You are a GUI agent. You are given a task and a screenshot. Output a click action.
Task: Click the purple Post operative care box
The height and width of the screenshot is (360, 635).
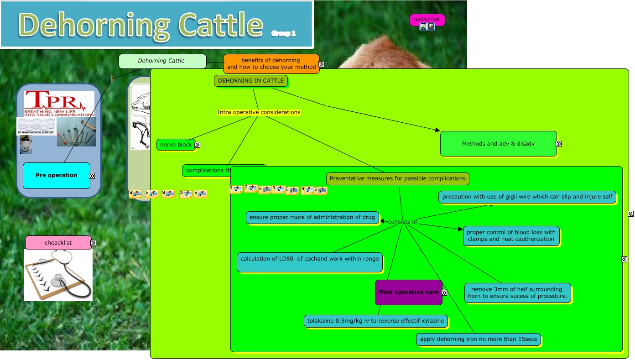click(x=408, y=292)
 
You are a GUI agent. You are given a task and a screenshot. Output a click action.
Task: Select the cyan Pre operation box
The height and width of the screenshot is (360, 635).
click(x=57, y=175)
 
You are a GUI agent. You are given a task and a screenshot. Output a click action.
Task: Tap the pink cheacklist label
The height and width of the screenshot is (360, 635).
click(x=58, y=243)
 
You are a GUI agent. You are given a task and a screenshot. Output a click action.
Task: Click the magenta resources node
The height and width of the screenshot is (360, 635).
click(x=427, y=19)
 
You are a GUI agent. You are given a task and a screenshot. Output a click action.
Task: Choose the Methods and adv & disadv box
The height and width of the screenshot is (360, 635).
click(x=498, y=144)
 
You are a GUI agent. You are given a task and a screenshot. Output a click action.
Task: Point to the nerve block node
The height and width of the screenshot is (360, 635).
click(x=176, y=145)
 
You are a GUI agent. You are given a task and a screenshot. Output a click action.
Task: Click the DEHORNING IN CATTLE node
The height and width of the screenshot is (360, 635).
click(x=251, y=81)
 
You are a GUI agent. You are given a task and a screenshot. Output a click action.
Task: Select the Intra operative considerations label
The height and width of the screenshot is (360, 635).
click(x=259, y=112)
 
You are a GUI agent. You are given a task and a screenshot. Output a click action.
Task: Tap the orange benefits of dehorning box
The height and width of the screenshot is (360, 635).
click(x=271, y=64)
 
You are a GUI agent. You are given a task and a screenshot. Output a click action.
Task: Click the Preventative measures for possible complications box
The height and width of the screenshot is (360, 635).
click(x=398, y=178)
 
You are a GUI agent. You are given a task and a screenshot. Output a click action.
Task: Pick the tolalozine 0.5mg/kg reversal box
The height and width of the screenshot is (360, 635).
click(x=375, y=321)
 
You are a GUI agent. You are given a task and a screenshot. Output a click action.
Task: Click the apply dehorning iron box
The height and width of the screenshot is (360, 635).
click(x=479, y=339)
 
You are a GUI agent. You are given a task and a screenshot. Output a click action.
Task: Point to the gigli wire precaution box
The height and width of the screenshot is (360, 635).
click(x=527, y=197)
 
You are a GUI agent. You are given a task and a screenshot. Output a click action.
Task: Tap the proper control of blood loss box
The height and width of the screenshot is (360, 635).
click(x=511, y=235)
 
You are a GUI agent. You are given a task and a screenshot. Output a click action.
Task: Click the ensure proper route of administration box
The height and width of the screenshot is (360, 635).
click(x=312, y=218)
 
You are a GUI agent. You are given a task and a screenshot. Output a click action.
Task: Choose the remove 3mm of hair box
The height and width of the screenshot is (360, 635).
click(x=517, y=292)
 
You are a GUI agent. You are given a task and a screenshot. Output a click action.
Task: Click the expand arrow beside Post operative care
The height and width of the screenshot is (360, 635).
click(x=444, y=293)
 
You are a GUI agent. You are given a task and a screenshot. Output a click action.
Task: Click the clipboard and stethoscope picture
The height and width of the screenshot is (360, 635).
click(x=58, y=275)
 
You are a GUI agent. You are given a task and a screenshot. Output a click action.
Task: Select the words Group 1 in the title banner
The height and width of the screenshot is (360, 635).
click(x=283, y=33)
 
